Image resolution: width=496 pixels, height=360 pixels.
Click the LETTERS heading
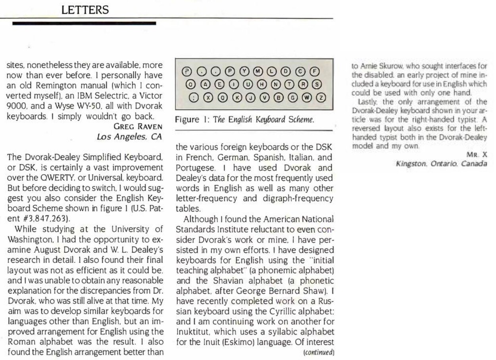coord(85,10)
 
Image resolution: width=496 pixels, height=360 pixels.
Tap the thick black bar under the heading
coord(84,24)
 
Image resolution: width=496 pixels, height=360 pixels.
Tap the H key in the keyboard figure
coord(262,84)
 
